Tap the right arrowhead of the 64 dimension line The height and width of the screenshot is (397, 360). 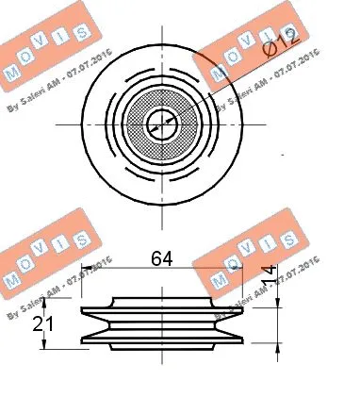(240, 269)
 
